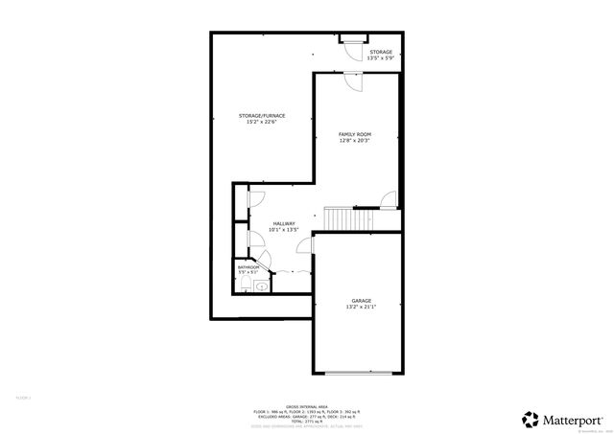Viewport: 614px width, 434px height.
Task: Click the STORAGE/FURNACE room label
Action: pos(262,116)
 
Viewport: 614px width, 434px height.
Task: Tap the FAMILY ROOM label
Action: pos(355,134)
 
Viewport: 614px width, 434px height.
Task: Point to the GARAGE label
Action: pos(360,301)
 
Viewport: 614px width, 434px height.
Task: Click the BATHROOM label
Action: pos(248,267)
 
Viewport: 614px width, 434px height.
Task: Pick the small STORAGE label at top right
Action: pos(380,52)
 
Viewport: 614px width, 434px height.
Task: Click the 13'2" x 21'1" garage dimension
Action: pos(360,308)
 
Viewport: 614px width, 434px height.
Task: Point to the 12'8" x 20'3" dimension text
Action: pos(355,141)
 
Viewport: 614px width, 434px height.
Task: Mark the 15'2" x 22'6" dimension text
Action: pos(262,123)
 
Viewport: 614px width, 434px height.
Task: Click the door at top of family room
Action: pos(353,80)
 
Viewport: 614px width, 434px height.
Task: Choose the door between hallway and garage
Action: pos(305,246)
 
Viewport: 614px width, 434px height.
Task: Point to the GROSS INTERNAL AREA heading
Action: pos(306,406)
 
